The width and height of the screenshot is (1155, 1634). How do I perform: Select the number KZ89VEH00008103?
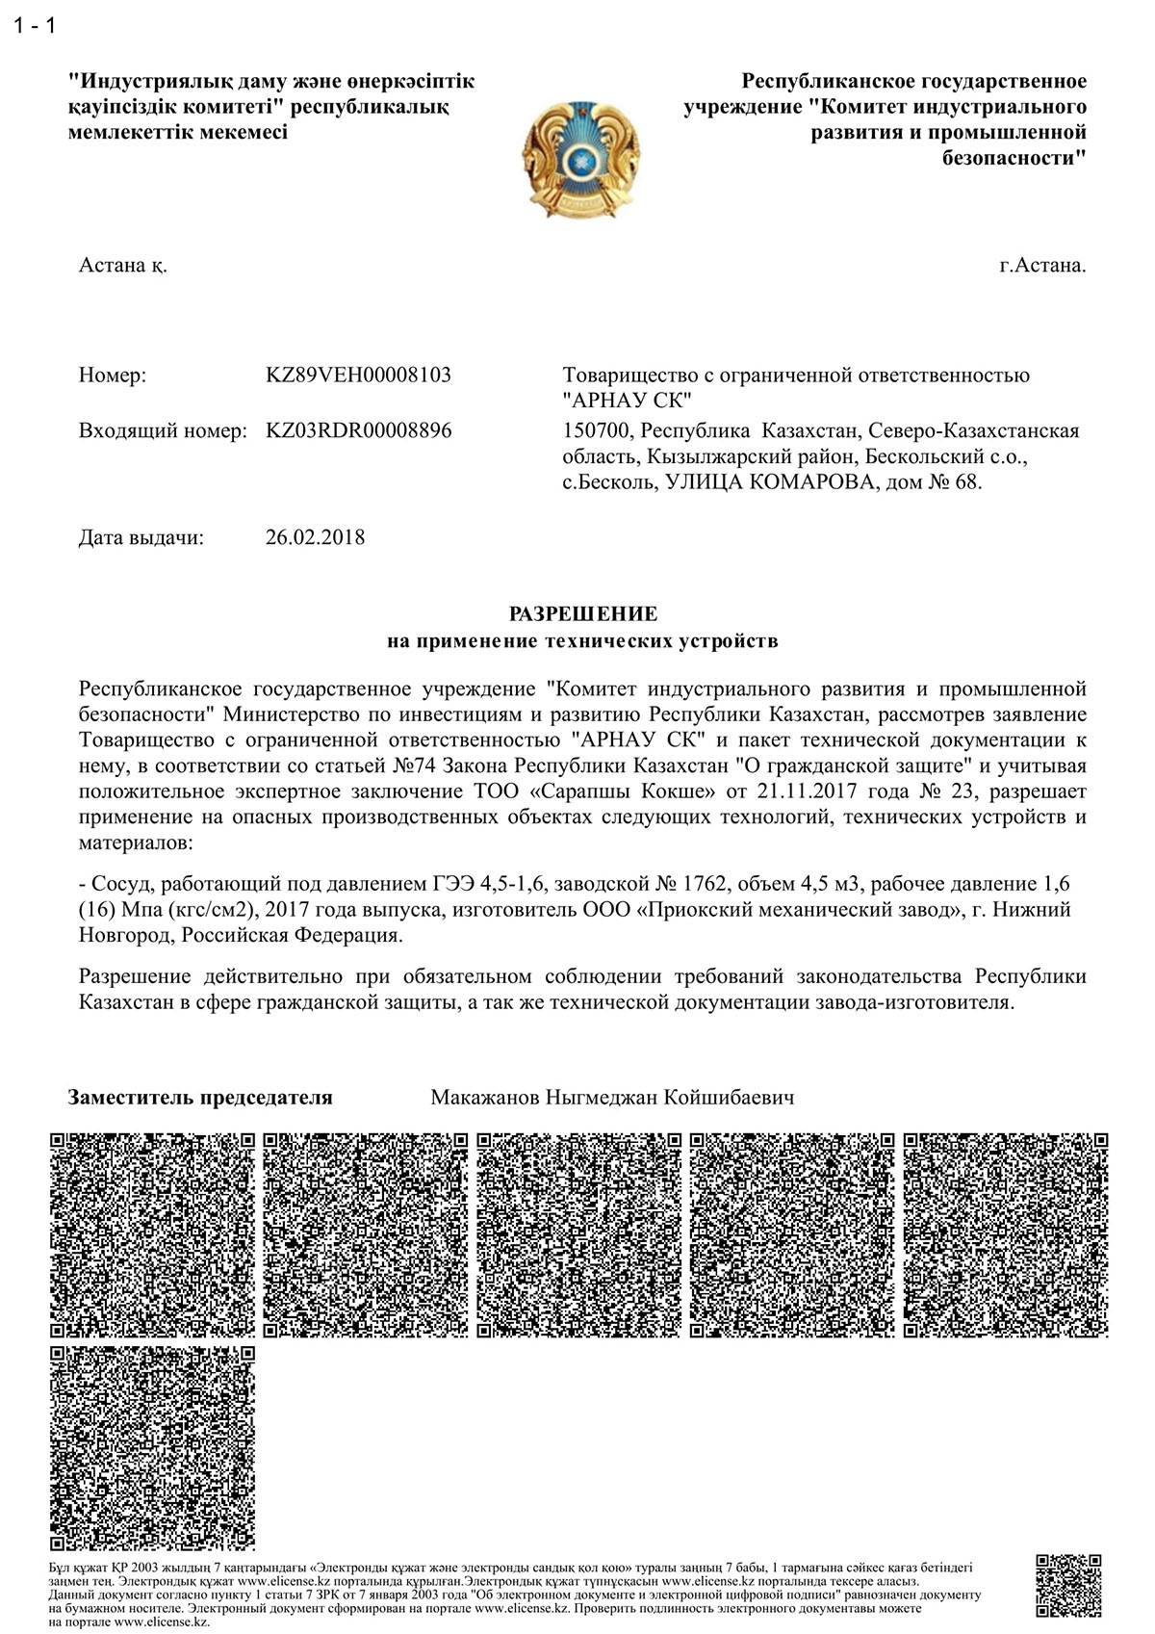click(358, 375)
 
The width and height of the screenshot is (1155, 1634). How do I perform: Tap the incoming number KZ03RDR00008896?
click(358, 430)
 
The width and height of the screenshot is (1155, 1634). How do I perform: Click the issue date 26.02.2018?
click(315, 537)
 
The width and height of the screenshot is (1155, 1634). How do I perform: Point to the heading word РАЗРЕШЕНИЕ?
click(583, 614)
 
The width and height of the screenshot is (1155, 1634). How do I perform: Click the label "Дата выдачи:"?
click(141, 537)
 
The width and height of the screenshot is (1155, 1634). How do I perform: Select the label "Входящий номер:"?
click(163, 430)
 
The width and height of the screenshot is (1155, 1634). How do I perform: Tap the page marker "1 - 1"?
click(36, 26)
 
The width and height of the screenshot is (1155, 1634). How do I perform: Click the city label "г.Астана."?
click(1042, 266)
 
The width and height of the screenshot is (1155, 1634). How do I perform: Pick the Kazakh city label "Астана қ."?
click(122, 266)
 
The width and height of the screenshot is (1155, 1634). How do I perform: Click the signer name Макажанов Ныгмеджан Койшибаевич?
click(612, 1098)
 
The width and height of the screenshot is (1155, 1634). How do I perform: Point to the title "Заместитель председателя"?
click(200, 1098)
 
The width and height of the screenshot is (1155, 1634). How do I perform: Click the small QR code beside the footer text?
click(1068, 1586)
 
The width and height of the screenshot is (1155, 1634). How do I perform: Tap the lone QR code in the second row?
click(153, 1448)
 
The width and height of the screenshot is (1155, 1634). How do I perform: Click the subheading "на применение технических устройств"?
click(583, 640)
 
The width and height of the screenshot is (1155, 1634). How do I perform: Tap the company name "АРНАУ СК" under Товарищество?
click(627, 400)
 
